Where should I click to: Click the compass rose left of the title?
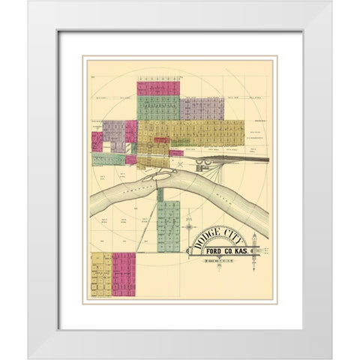tap(189, 225)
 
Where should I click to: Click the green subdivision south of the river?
tap(168, 225)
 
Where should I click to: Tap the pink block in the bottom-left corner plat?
tap(124, 274)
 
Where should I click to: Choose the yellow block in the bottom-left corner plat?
tap(100, 274)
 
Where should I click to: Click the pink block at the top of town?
tap(157, 88)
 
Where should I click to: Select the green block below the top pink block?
tap(157, 108)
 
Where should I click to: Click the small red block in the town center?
tap(161, 140)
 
